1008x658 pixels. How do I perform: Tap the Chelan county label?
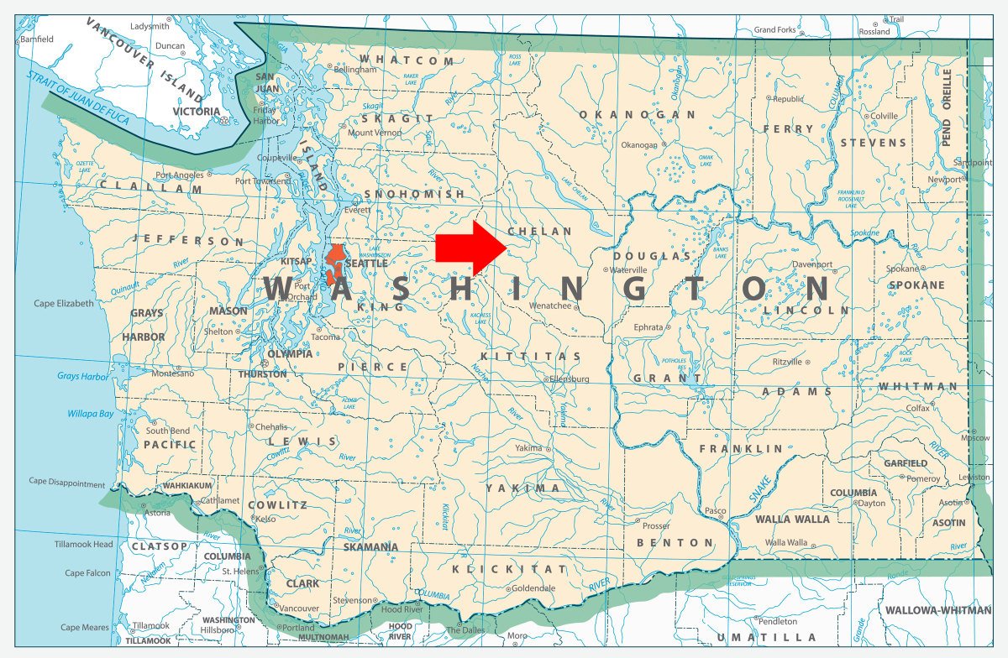(x=540, y=231)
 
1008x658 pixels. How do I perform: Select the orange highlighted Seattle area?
(x=336, y=263)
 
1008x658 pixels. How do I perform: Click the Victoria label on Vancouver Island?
(x=196, y=111)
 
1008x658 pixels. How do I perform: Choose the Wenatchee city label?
(x=549, y=305)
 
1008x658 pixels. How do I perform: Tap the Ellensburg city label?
(x=570, y=379)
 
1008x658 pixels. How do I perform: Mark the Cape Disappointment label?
(x=67, y=483)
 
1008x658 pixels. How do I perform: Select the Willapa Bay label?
(x=90, y=414)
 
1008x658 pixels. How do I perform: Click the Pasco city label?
(x=715, y=510)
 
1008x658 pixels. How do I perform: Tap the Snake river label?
(x=760, y=489)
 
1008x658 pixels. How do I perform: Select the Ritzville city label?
(x=787, y=361)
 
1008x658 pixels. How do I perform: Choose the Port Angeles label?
(x=179, y=175)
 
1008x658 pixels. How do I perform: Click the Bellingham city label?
(x=355, y=70)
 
